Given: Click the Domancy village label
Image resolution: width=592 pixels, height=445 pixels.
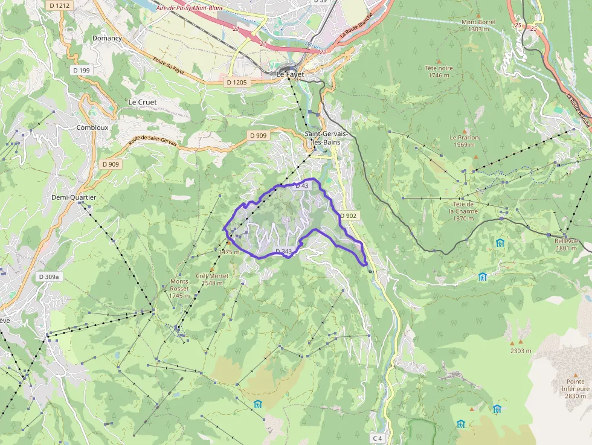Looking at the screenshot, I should pyautogui.click(x=107, y=38).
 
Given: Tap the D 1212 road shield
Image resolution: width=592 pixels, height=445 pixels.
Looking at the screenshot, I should pyautogui.click(x=60, y=5).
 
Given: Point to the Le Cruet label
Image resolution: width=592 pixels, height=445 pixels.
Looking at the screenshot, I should pyautogui.click(x=143, y=102).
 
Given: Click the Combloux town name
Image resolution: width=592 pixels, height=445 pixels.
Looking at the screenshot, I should pyautogui.click(x=92, y=127).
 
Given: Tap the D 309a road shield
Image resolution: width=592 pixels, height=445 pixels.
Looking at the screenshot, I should pyautogui.click(x=49, y=277).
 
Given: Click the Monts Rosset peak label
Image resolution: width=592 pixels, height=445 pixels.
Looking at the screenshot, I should pyautogui.click(x=179, y=289).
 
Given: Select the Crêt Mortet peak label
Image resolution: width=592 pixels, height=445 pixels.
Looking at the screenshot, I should pyautogui.click(x=211, y=279).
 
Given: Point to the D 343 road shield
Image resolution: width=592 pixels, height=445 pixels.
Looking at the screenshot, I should pyautogui.click(x=283, y=251).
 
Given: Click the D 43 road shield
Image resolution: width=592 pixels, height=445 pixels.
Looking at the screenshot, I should pyautogui.click(x=301, y=186).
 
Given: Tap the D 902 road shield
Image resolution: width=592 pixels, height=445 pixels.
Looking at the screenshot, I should pyautogui.click(x=349, y=216).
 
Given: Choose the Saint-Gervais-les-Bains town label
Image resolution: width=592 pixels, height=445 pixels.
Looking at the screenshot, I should pyautogui.click(x=322, y=138).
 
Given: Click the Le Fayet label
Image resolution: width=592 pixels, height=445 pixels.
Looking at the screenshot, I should pyautogui.click(x=290, y=74).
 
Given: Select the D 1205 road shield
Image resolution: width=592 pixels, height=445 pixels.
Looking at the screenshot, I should pyautogui.click(x=236, y=82).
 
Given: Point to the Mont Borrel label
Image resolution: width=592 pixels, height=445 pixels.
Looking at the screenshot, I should pyautogui.click(x=478, y=25).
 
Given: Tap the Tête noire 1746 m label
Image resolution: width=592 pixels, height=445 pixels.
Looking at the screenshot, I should pyautogui.click(x=439, y=71).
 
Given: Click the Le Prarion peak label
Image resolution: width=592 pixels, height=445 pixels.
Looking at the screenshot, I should pyautogui.click(x=464, y=141).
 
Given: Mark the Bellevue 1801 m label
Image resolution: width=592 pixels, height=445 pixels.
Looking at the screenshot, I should pyautogui.click(x=567, y=244).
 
